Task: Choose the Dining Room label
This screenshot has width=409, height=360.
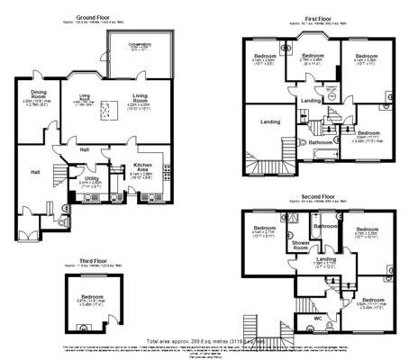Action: [39, 93]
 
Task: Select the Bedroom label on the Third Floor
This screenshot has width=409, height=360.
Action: [93, 296]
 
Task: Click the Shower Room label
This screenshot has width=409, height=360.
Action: [297, 244]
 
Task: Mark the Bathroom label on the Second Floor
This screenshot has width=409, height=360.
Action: [325, 226]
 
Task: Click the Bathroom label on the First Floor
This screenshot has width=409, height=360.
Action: [322, 141]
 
